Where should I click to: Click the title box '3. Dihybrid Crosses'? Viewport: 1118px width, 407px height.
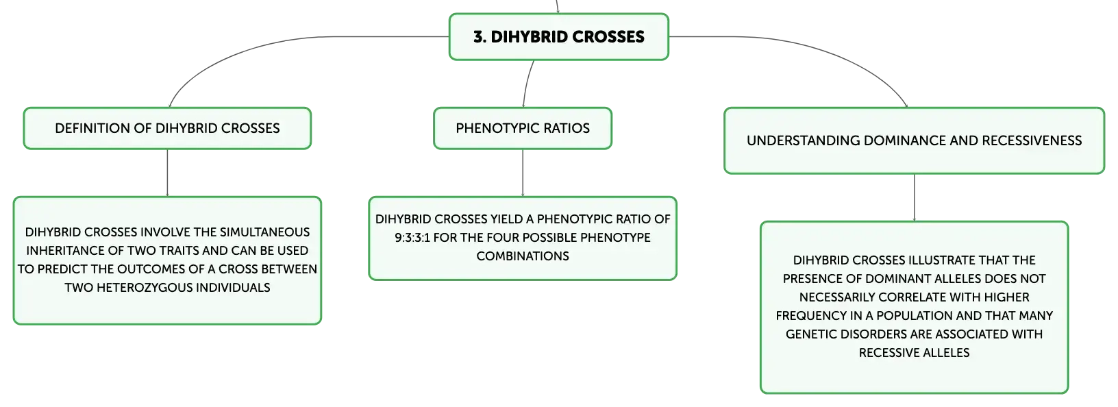558,37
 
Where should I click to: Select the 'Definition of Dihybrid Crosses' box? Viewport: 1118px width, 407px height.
167,128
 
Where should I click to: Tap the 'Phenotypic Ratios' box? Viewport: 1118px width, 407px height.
523,128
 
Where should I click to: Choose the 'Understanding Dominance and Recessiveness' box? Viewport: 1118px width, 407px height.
914,140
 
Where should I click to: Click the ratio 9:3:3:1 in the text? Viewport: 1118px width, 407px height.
412,238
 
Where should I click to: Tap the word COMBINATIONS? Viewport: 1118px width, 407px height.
523,256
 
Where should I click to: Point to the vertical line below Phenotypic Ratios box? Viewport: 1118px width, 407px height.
523,173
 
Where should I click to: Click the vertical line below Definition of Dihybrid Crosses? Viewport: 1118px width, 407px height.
167,173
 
